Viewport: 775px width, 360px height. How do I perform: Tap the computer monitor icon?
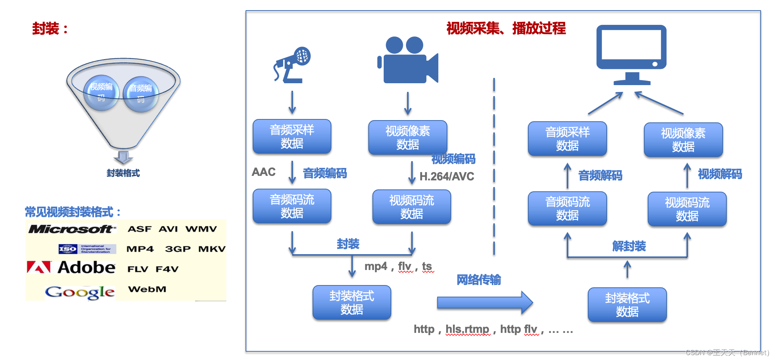tap(632, 55)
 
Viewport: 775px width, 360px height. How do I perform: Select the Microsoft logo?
tap(72, 229)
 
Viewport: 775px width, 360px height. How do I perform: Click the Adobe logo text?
tap(86, 268)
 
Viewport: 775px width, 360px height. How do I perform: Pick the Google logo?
tap(79, 292)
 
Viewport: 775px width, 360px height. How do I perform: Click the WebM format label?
tap(147, 289)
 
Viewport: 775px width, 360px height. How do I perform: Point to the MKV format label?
tap(212, 249)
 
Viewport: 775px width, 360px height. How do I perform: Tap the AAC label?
tap(264, 172)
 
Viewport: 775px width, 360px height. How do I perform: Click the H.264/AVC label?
tap(447, 176)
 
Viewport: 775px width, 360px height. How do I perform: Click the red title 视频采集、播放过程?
tap(506, 29)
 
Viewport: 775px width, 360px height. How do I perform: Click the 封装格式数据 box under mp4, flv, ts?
tap(352, 303)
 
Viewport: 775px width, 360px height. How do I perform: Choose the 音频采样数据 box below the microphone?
tap(292, 137)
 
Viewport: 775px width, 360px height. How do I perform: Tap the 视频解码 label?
tap(720, 174)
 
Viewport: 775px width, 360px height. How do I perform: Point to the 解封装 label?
tap(629, 246)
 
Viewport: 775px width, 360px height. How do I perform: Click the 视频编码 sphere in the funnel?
tap(101, 93)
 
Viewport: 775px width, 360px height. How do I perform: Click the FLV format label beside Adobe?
tap(137, 269)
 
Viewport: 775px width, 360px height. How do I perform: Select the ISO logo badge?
tap(68, 249)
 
